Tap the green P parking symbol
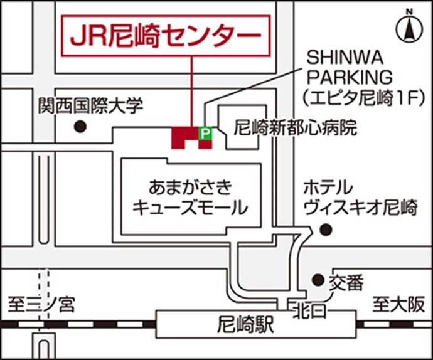click(x=205, y=132)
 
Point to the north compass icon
click(x=410, y=29)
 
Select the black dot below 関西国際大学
click(x=79, y=127)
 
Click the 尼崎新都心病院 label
click(x=294, y=128)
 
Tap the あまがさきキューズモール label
click(x=190, y=197)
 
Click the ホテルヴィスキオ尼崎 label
click(x=360, y=197)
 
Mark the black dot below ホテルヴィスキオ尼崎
click(x=324, y=230)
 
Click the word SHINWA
click(x=340, y=58)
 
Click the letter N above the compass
click(x=410, y=12)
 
